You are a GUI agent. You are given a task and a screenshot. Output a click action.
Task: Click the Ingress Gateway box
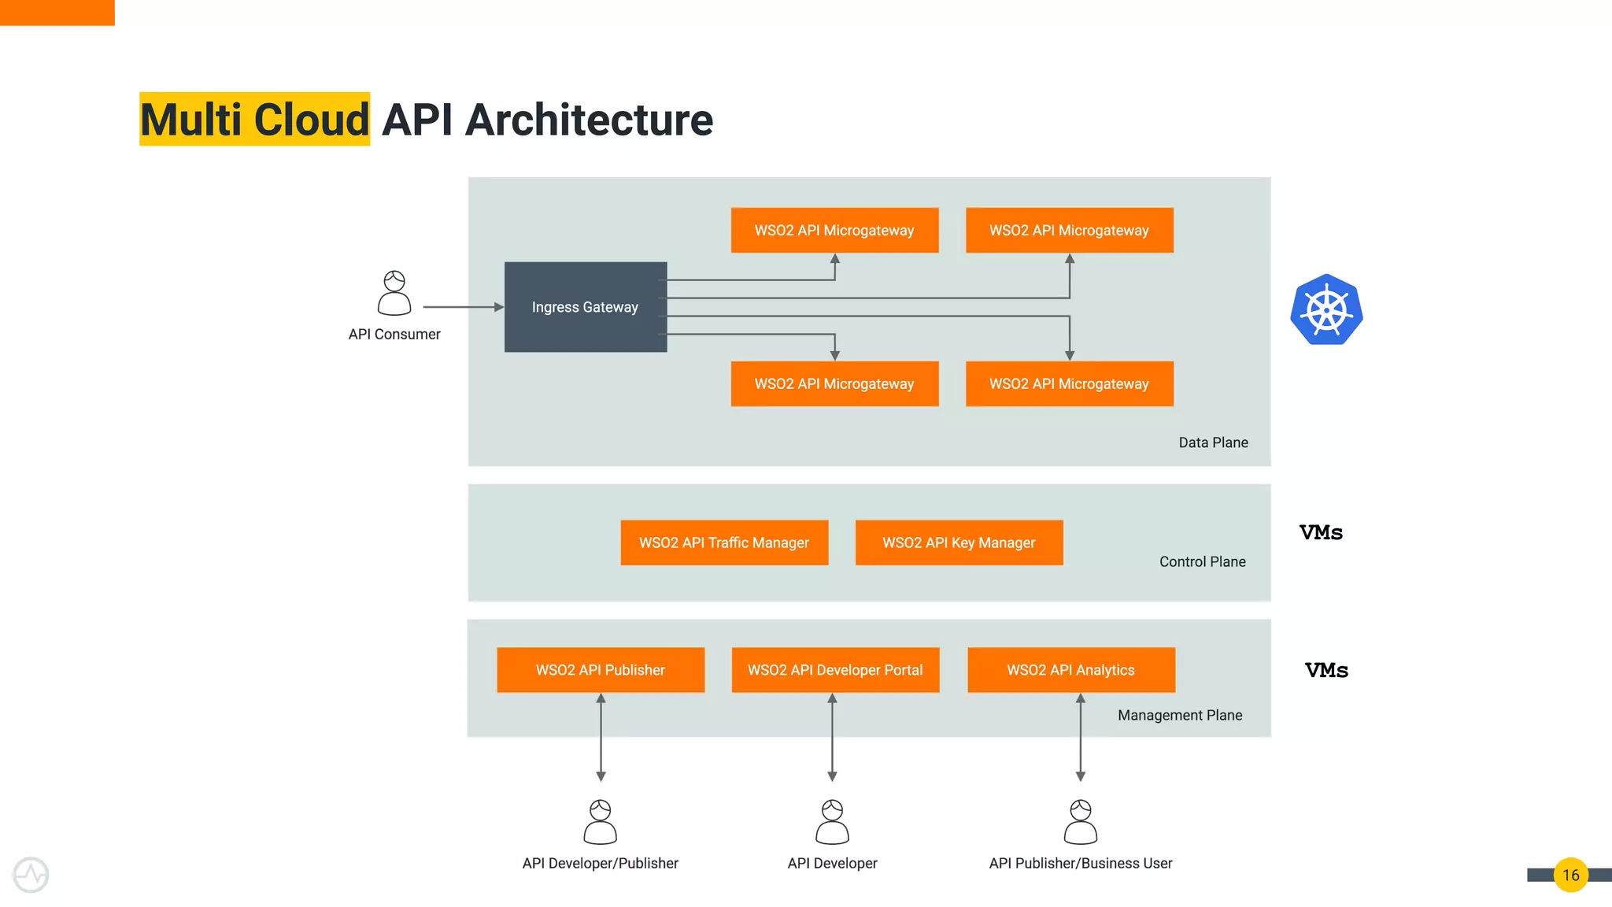point(585,307)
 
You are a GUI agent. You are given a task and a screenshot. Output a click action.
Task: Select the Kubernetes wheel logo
point(1326,309)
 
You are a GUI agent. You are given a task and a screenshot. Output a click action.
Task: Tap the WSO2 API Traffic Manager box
point(724,542)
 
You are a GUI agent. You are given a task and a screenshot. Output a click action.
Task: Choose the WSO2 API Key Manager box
point(959,542)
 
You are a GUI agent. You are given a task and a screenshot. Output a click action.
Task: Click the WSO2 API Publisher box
point(601,670)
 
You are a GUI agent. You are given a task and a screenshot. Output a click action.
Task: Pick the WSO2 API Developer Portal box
point(835,670)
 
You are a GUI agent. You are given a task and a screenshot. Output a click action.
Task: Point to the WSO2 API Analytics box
point(1070,670)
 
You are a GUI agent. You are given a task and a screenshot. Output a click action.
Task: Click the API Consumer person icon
point(394,293)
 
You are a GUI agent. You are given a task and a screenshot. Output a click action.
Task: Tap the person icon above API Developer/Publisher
point(601,822)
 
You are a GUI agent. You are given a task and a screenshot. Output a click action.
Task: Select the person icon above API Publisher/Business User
point(1081,822)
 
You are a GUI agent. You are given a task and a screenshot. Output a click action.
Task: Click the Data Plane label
point(1213,442)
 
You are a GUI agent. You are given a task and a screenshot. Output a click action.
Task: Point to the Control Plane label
point(1202,561)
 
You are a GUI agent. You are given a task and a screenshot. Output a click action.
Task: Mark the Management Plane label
point(1180,715)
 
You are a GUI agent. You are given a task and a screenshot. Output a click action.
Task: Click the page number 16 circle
point(1570,875)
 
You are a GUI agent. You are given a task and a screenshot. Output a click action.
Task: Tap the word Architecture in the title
point(589,120)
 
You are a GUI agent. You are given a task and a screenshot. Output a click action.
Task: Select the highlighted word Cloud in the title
point(311,120)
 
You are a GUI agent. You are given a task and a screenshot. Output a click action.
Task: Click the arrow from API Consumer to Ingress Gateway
point(463,307)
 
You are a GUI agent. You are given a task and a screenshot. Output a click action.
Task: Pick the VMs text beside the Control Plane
point(1321,532)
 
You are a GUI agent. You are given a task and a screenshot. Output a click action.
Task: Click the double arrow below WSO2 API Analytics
point(1081,737)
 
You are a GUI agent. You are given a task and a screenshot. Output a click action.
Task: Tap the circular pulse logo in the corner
point(31,875)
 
